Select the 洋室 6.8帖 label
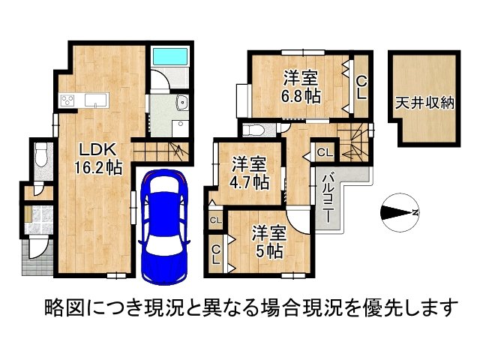(301, 86)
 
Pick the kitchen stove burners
(67, 100)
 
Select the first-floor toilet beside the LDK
(40, 156)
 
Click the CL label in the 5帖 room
(216, 254)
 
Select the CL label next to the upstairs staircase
(324, 152)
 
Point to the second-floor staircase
(353, 142)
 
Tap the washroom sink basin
(181, 104)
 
